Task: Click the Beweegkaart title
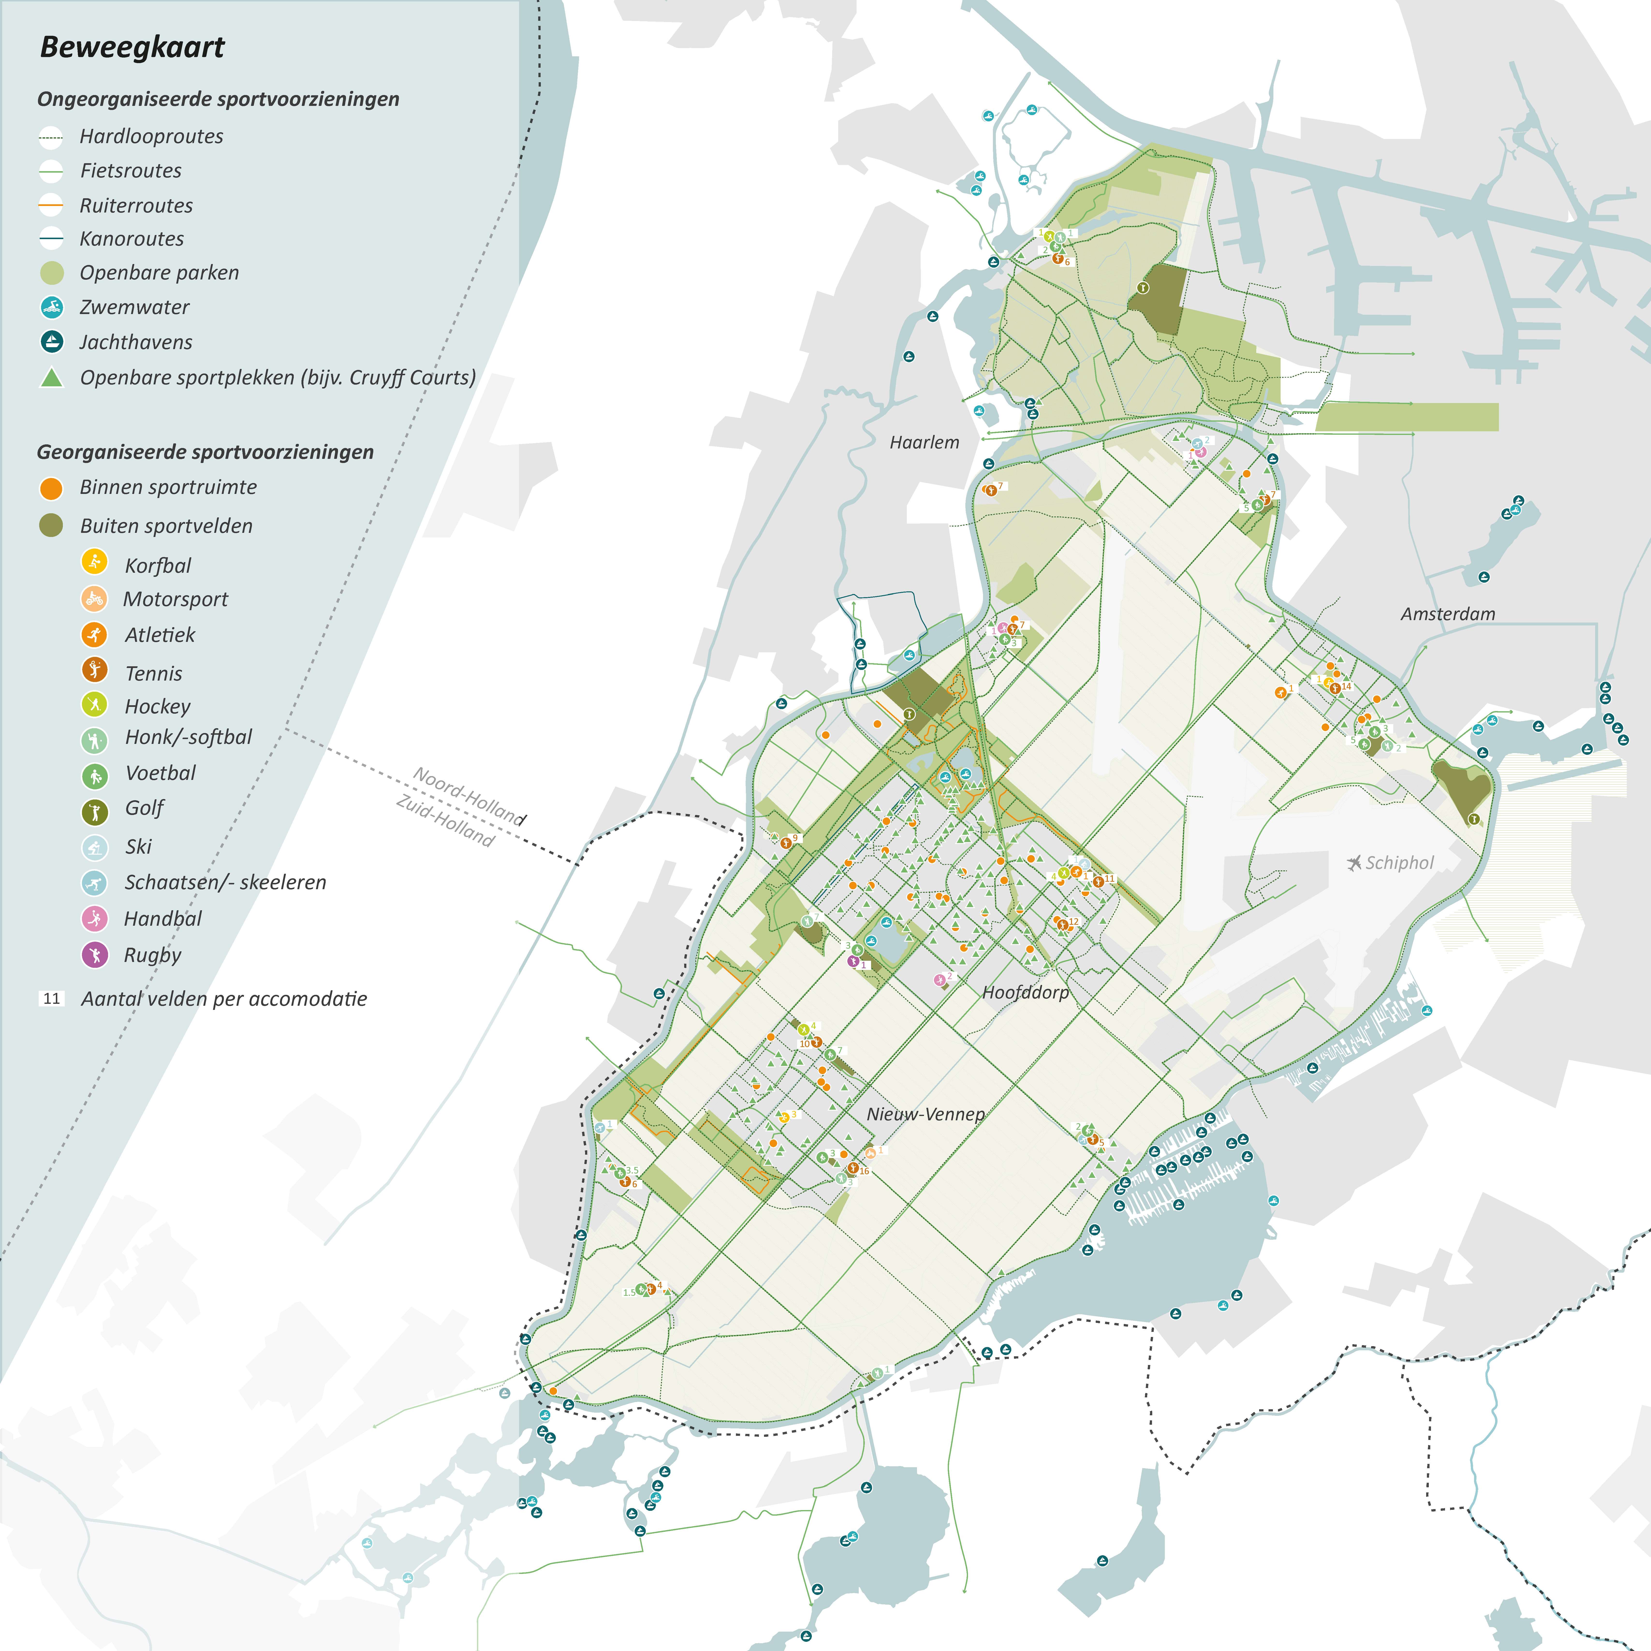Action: pyautogui.click(x=132, y=47)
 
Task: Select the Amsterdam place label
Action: pyautogui.click(x=1448, y=614)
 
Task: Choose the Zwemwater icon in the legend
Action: pyautogui.click(x=52, y=307)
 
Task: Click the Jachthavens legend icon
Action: pyautogui.click(x=52, y=342)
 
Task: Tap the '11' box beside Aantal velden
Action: pyautogui.click(x=51, y=998)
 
